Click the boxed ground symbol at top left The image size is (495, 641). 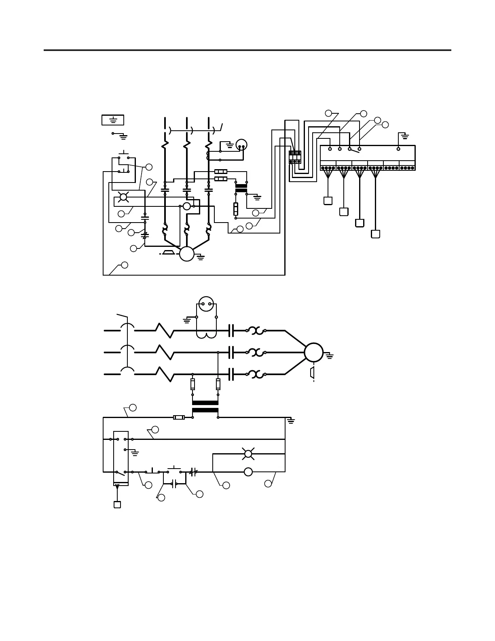[113, 120]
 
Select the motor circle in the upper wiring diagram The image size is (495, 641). [187, 254]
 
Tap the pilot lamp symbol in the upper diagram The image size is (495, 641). [123, 197]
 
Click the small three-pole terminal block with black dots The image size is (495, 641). [295, 157]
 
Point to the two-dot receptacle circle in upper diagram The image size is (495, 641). [241, 145]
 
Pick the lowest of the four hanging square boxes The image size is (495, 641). [375, 234]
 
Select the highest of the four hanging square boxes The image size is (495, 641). [328, 201]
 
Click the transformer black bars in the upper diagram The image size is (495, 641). [241, 188]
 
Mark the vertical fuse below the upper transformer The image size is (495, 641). [236, 209]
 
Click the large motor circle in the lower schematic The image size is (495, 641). [314, 352]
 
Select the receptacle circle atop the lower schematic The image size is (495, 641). [206, 304]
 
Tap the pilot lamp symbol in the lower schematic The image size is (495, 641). [248, 454]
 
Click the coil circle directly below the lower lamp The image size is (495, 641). [248, 472]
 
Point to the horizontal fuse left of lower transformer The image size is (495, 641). [179, 417]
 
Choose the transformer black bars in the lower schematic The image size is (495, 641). [205, 406]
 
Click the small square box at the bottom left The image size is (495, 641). [117, 505]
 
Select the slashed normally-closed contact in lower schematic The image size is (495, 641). [193, 472]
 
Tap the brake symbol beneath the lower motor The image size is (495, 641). [313, 373]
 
